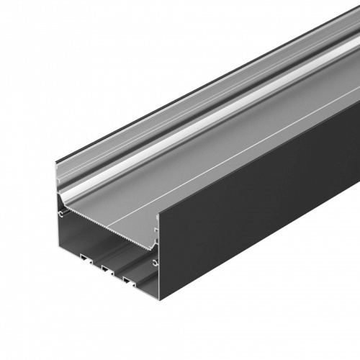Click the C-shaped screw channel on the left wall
click(x=63, y=214)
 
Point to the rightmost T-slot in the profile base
click(x=130, y=278)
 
